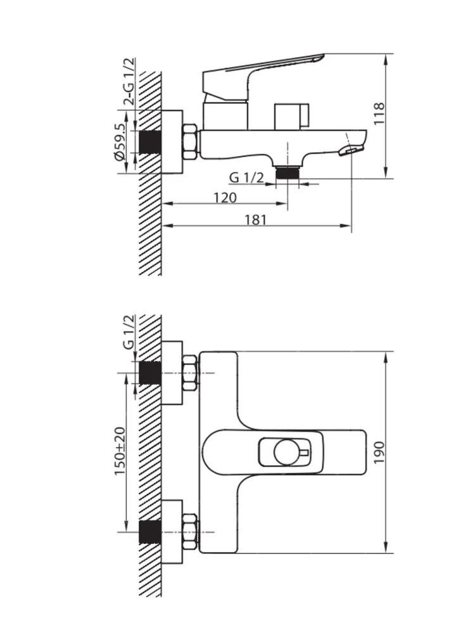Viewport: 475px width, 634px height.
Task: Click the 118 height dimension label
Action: click(379, 113)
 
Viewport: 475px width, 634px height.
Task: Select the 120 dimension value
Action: click(225, 198)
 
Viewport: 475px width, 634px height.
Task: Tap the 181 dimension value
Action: click(256, 219)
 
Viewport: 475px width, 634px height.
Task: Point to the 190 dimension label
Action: click(379, 453)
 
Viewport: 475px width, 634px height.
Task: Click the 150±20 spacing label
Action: click(120, 450)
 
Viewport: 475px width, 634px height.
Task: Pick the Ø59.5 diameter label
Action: click(120, 141)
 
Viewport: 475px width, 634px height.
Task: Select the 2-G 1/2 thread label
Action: click(129, 82)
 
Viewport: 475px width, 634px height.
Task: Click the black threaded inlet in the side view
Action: click(150, 142)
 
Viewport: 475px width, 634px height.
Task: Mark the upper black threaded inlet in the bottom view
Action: click(150, 373)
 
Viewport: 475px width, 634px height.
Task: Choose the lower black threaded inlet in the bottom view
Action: click(150, 532)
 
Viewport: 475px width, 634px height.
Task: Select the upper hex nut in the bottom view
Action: click(190, 372)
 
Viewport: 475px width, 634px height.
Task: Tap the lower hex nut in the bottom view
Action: click(190, 532)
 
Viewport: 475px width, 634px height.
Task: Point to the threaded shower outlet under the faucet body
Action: click(287, 172)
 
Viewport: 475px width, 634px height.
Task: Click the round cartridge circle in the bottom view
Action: click(287, 452)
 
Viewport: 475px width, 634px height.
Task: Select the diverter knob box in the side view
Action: click(291, 117)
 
